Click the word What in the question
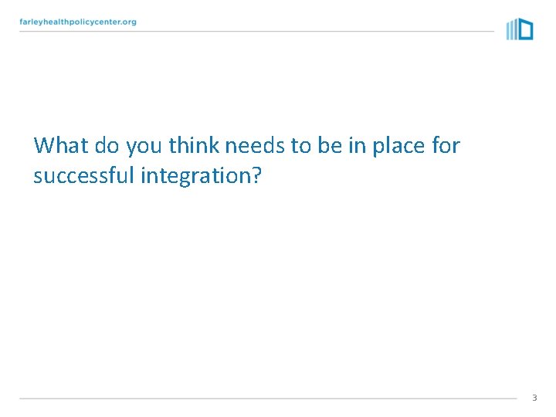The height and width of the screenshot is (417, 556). [61, 145]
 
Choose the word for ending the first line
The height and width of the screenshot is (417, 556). [446, 145]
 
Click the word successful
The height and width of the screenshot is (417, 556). [84, 176]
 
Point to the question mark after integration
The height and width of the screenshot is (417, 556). [256, 176]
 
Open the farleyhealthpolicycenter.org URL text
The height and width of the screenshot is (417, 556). [78, 22]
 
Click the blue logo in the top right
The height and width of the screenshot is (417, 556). [520, 29]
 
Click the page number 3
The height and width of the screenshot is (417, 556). [534, 398]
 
